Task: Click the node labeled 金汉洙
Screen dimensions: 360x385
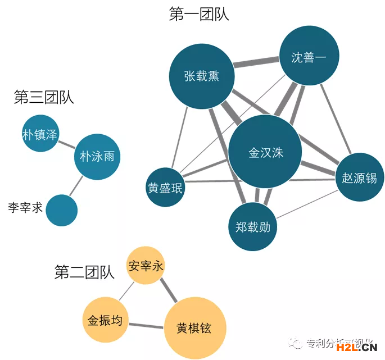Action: [x=265, y=152]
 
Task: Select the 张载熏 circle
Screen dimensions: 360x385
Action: [x=201, y=76]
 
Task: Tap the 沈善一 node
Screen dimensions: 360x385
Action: [x=309, y=57]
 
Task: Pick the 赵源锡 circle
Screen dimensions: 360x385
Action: [x=359, y=177]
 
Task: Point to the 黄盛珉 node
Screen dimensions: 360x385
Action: [x=165, y=188]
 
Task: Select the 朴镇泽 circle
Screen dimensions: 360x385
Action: [x=40, y=134]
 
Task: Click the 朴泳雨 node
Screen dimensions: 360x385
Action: [x=97, y=156]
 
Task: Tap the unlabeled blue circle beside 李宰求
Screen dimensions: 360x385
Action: [x=62, y=210]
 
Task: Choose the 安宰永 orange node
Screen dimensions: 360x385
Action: [x=146, y=266]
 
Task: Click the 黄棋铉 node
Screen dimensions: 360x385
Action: [x=194, y=328]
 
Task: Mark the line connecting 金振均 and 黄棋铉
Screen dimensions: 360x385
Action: [x=146, y=324]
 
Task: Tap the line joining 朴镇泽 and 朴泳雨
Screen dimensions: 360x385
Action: [x=67, y=144]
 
